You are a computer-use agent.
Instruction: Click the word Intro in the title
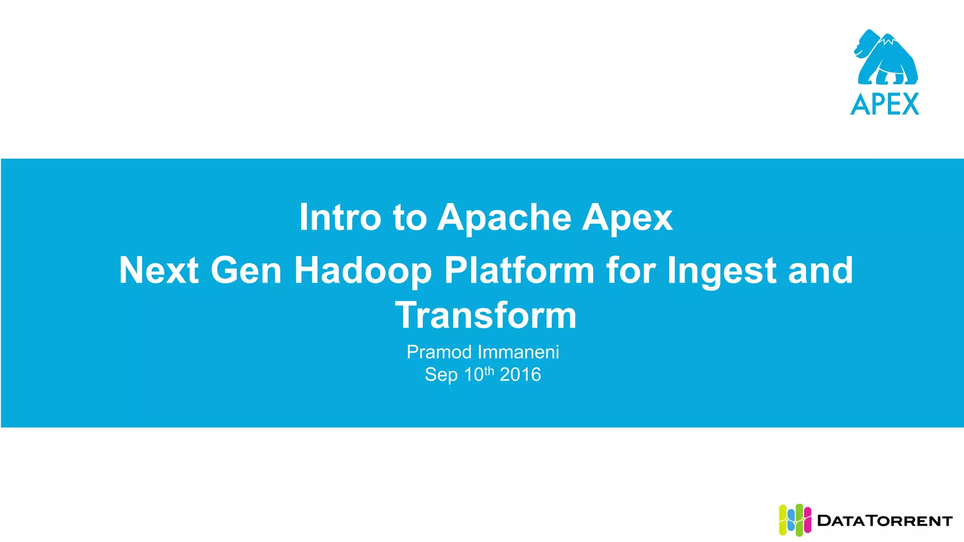340,217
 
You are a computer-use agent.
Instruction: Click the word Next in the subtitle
159,271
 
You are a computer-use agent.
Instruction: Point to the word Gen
246,271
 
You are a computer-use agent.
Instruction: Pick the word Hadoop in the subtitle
362,271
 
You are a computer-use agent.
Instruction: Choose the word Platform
519,271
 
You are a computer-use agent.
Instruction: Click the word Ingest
722,271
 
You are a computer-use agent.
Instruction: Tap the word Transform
486,315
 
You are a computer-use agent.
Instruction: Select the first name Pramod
439,352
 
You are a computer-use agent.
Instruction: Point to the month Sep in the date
441,375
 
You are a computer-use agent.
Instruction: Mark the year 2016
520,375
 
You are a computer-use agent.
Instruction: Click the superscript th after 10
490,371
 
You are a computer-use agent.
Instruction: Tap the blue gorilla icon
885,58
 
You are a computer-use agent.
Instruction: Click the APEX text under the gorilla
885,104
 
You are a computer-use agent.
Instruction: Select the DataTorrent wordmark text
885,521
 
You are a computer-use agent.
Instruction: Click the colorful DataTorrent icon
795,520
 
